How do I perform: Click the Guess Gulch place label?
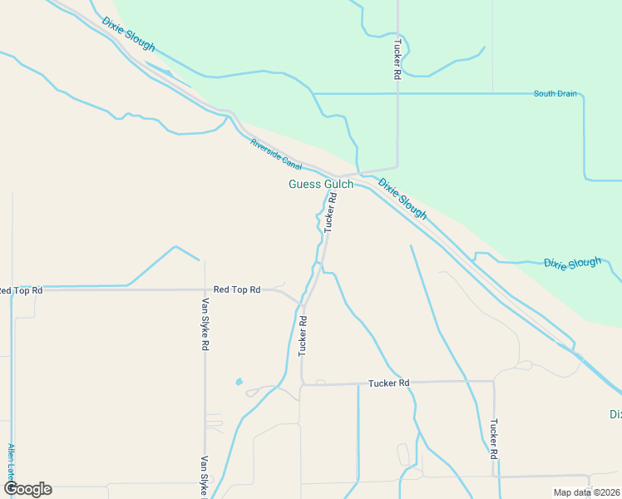(x=320, y=184)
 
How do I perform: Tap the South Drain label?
(x=555, y=94)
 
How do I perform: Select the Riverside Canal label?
(x=276, y=155)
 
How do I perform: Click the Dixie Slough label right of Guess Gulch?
(x=402, y=199)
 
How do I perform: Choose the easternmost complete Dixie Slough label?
(x=572, y=264)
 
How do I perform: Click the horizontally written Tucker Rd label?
(x=389, y=383)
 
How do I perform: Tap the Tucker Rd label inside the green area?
(x=397, y=59)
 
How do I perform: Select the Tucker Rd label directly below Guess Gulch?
(x=330, y=212)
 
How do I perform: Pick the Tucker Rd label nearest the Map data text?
(x=494, y=439)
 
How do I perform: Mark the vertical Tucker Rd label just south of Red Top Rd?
(x=303, y=336)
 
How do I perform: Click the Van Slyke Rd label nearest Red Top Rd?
(x=205, y=324)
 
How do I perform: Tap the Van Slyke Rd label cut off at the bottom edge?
(x=204, y=476)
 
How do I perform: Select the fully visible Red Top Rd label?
(x=237, y=289)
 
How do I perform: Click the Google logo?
(x=27, y=489)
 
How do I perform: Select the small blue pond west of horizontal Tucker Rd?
(x=239, y=382)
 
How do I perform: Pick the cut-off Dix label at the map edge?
(x=615, y=414)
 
